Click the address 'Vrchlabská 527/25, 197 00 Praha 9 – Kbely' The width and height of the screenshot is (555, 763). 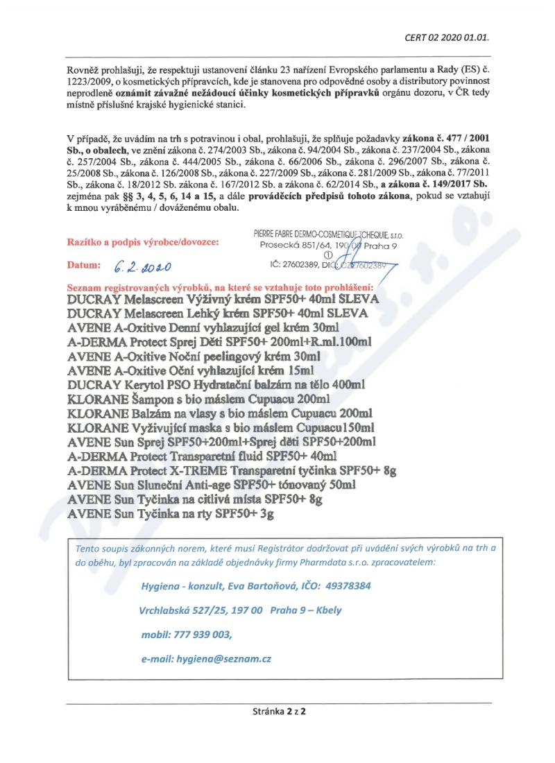(240, 610)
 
